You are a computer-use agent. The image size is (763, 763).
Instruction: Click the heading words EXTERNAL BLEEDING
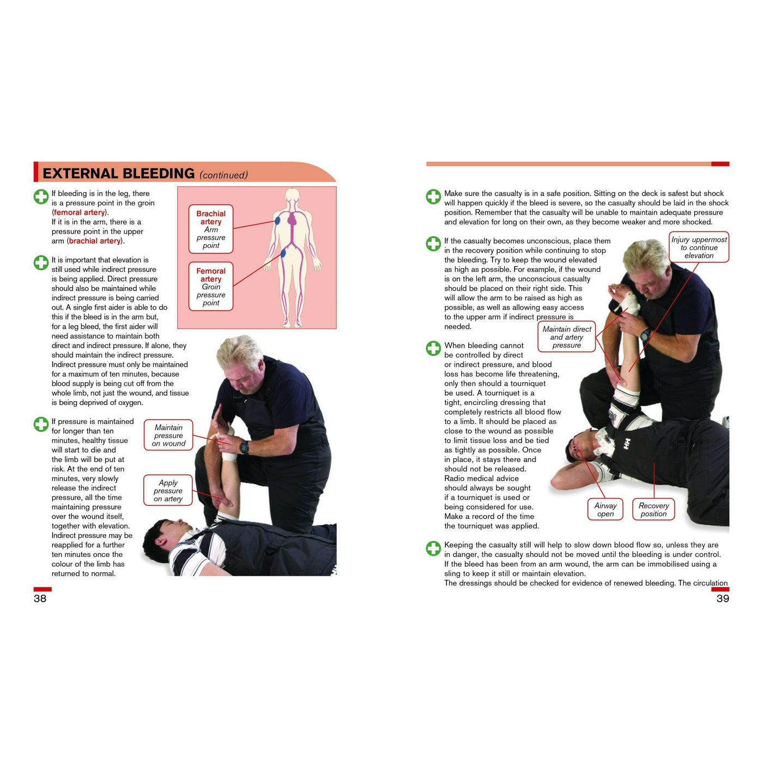[x=118, y=173]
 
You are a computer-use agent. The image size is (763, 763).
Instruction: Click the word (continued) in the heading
[x=223, y=175]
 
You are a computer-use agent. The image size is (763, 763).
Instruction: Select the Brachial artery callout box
[x=211, y=229]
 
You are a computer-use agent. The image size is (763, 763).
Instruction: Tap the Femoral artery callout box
[x=211, y=287]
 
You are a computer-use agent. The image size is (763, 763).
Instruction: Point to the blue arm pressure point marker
[x=277, y=221]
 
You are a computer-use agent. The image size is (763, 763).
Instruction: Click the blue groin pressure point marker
[x=283, y=253]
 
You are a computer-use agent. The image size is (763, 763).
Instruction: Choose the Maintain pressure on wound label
[x=168, y=435]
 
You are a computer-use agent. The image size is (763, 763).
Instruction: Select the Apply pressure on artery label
[x=168, y=491]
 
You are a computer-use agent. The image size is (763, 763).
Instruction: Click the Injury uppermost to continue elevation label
[x=699, y=247]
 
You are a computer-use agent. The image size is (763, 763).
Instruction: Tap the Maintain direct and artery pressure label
[x=566, y=337]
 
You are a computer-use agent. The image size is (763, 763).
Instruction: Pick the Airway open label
[x=605, y=510]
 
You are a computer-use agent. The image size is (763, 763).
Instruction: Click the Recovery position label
[x=653, y=510]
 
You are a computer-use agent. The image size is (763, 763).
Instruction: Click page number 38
[x=40, y=598]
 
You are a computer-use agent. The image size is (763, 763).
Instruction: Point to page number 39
[x=722, y=598]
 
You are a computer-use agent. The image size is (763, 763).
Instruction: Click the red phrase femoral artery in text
[x=80, y=213]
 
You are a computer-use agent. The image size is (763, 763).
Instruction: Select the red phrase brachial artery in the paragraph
[x=95, y=241]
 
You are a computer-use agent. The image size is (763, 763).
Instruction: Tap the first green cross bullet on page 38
[x=41, y=196]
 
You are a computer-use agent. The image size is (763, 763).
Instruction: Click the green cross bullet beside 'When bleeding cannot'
[x=433, y=348]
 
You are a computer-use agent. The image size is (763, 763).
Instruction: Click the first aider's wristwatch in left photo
[x=244, y=447]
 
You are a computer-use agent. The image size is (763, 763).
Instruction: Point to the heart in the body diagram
[x=293, y=220]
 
